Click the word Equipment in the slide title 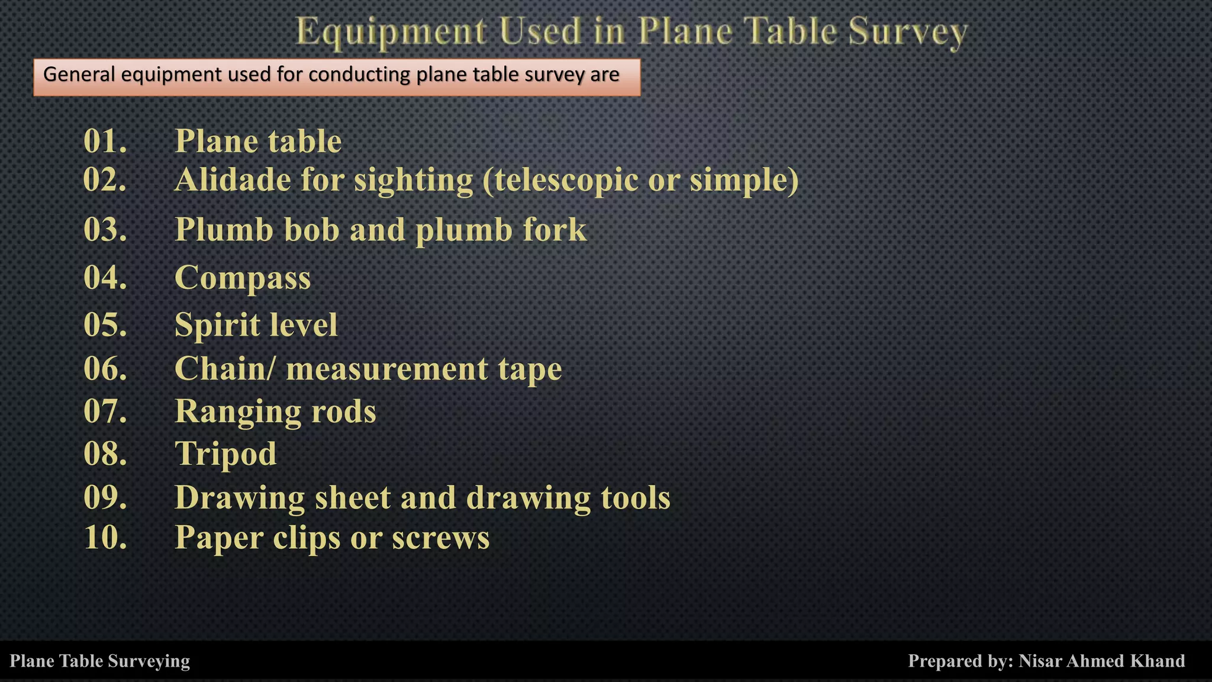click(x=391, y=32)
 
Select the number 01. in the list click(x=105, y=141)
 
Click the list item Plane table click(x=258, y=141)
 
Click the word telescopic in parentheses click(x=560, y=181)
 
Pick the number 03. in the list click(x=105, y=230)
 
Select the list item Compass click(x=243, y=278)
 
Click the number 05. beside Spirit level click(x=105, y=325)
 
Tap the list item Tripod click(x=225, y=455)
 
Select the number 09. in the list click(x=105, y=497)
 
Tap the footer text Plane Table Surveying click(x=100, y=661)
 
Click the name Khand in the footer click(x=1161, y=661)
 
